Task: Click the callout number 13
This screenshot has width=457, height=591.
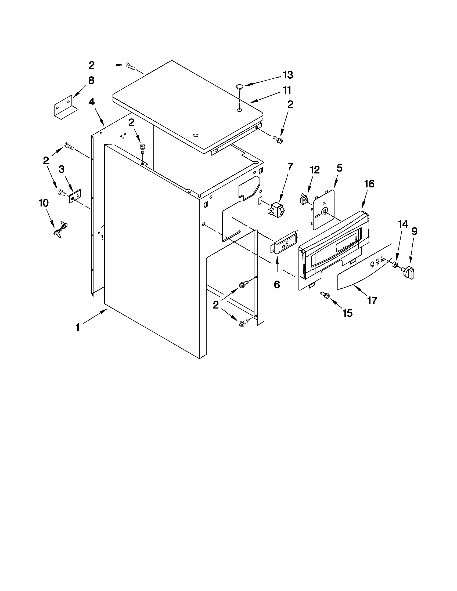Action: (288, 75)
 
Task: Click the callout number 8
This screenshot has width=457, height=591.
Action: (91, 80)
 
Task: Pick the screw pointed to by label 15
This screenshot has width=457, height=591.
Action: (324, 295)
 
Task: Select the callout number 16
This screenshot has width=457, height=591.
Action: (369, 184)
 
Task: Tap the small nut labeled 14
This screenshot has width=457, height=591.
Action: (395, 264)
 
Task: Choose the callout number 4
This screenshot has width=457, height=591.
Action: (92, 102)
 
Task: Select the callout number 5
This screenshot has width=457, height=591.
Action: (339, 168)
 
